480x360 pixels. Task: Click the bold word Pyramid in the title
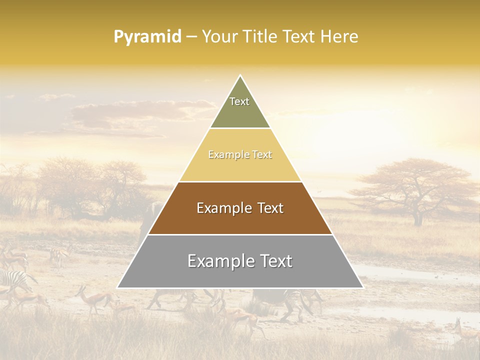(x=147, y=37)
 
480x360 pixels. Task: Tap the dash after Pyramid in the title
(x=191, y=37)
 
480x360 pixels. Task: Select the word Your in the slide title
(x=219, y=37)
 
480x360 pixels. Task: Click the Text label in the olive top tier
(x=239, y=101)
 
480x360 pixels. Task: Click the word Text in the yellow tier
(x=262, y=155)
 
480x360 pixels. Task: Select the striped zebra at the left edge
(x=12, y=280)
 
